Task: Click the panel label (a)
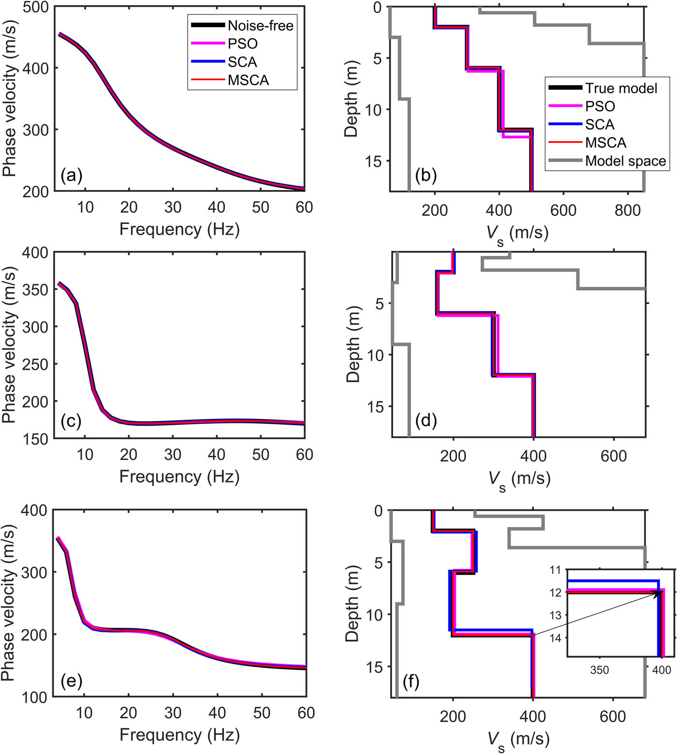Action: [x=72, y=175]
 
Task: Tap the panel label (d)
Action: [x=426, y=420]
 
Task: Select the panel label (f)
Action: [x=411, y=681]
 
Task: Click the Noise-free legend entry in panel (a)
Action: [x=260, y=25]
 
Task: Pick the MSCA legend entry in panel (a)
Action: [x=248, y=80]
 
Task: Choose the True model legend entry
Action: [x=621, y=88]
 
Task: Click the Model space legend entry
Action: [x=625, y=161]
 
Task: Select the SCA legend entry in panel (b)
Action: [x=600, y=124]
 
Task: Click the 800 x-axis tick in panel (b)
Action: [x=627, y=210]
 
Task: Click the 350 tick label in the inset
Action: [x=599, y=670]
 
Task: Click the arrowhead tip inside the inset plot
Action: [x=660, y=591]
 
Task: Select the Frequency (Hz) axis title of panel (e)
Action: [x=179, y=735]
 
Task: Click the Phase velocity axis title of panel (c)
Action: [x=10, y=345]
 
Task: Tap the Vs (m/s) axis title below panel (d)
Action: [x=519, y=480]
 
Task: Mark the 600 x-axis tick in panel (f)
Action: [x=613, y=716]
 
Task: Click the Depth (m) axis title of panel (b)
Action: [x=352, y=99]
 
